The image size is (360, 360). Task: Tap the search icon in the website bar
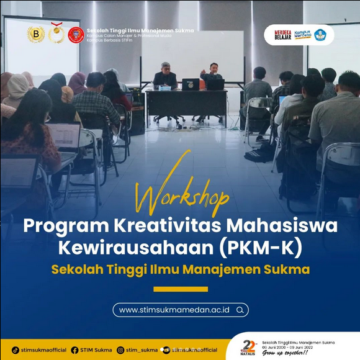coord(240,309)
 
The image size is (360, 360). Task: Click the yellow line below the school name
coord(180,289)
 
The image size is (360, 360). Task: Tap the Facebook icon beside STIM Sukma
coord(74,350)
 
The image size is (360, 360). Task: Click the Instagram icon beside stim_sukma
coord(122,350)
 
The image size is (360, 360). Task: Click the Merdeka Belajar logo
coord(282,34)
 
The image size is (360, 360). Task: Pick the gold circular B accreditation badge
coord(35,34)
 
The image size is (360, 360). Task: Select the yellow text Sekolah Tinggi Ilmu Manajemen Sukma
coord(180,270)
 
